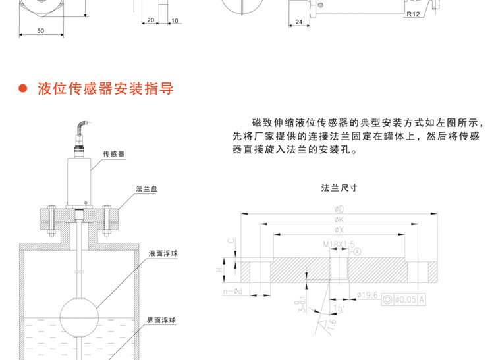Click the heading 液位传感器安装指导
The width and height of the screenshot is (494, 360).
coord(105,88)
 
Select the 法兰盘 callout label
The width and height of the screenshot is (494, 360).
coord(146,189)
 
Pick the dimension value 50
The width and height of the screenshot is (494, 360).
coord(40,31)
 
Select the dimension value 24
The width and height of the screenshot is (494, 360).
coord(300,22)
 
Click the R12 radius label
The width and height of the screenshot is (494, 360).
coord(413,14)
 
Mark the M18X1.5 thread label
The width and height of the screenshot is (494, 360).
coord(336,244)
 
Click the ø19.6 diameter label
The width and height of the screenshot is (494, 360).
coord(366,296)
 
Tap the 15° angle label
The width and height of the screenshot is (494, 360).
coord(339,308)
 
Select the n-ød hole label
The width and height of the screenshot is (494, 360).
coord(234,290)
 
